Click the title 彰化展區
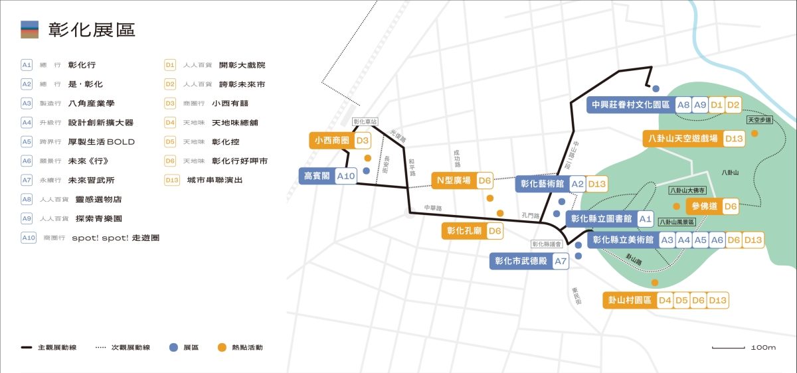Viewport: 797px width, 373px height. pyautogui.click(x=91, y=29)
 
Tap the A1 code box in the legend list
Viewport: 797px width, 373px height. pyautogui.click(x=27, y=65)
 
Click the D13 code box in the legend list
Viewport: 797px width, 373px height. pyautogui.click(x=171, y=180)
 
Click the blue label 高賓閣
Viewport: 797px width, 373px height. pyautogui.click(x=316, y=176)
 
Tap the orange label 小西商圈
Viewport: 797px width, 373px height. pyautogui.click(x=331, y=141)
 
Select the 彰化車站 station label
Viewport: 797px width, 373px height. pyautogui.click(x=365, y=122)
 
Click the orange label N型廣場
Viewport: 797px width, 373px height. pyautogui.click(x=454, y=180)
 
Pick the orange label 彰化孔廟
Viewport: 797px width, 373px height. pyautogui.click(x=464, y=231)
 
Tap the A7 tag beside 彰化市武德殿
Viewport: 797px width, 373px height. pyautogui.click(x=561, y=261)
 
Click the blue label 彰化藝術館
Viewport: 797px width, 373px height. pyautogui.click(x=542, y=184)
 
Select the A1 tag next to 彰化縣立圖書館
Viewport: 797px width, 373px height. pyautogui.click(x=645, y=218)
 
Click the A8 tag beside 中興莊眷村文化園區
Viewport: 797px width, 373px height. pyautogui.click(x=683, y=105)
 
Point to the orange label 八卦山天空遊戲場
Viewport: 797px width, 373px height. pyautogui.click(x=683, y=139)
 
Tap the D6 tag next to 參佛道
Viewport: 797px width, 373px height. pyautogui.click(x=731, y=206)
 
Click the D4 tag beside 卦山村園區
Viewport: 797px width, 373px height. pyautogui.click(x=665, y=300)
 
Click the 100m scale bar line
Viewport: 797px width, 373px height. pyautogui.click(x=728, y=347)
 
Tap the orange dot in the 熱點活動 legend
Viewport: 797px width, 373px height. pyautogui.click(x=222, y=347)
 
